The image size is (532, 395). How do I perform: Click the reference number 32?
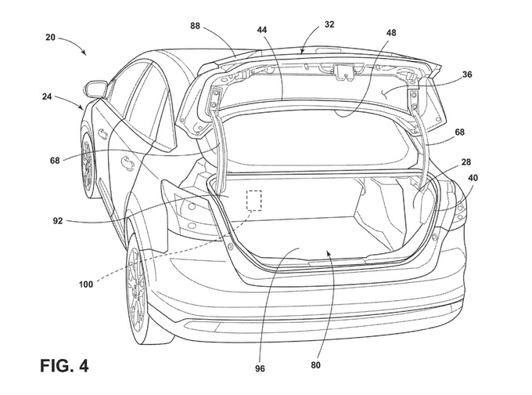pyautogui.click(x=329, y=24)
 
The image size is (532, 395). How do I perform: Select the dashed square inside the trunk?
pyautogui.click(x=254, y=200)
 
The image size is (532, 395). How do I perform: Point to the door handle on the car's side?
pyautogui.click(x=125, y=161)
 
